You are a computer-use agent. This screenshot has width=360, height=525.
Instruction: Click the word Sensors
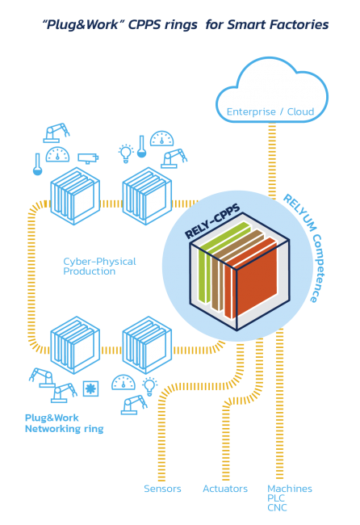pos(162,489)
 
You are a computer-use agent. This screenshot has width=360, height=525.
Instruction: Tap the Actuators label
pos(225,489)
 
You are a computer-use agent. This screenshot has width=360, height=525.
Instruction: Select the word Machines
pos(290,489)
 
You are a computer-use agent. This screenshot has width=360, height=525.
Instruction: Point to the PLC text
pos(276,498)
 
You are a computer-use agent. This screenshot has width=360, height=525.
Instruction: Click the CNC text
pos(277,507)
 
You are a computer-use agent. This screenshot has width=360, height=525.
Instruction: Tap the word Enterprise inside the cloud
pos(251,111)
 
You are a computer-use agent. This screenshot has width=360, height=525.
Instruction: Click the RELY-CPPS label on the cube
pos(212,221)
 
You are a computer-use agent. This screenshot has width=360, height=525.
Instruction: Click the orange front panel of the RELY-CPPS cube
pos(257,280)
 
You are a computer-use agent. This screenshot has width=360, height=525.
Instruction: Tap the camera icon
pos(88,157)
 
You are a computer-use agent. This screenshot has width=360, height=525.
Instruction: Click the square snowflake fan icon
pos(90,388)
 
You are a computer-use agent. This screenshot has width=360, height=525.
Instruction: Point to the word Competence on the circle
pos(317,268)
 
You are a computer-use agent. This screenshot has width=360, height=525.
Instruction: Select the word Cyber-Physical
pos(100,262)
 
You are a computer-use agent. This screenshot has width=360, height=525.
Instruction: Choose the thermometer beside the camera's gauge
pos(37,165)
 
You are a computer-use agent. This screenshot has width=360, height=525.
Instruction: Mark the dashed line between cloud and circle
pos(272,162)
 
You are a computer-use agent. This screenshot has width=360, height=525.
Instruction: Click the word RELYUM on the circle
pos(300,212)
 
